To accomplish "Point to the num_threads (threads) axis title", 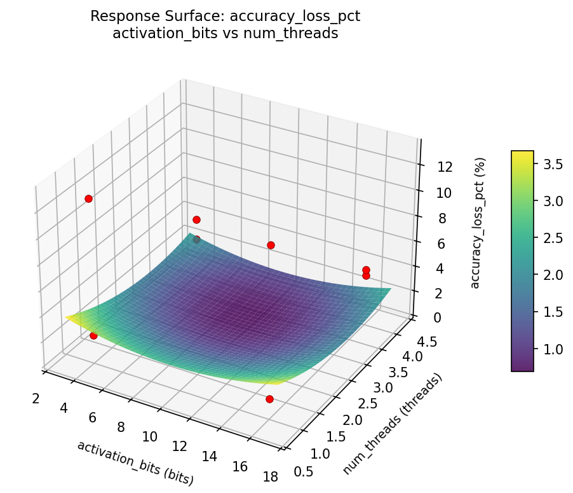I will [392, 424].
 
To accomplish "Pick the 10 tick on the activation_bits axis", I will [150, 436].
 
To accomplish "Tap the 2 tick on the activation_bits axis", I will [36, 398].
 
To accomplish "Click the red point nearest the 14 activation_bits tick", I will [269, 399].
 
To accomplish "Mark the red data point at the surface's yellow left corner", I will [93, 335].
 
